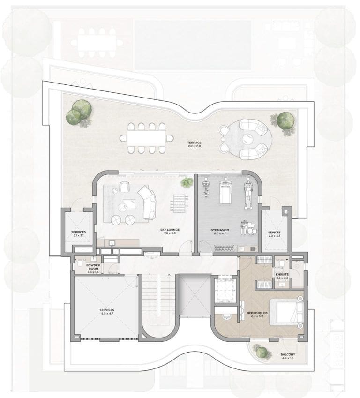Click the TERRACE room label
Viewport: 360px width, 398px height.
[194, 143]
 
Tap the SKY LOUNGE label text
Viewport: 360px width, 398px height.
[170, 230]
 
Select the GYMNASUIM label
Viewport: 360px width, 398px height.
[220, 230]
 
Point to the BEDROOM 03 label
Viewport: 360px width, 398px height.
[257, 313]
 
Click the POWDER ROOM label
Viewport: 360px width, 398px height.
[93, 267]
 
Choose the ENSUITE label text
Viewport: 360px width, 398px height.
[282, 274]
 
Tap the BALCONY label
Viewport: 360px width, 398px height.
[288, 354]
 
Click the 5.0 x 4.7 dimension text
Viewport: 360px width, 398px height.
[107, 314]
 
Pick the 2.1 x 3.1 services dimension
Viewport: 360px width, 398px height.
[78, 235]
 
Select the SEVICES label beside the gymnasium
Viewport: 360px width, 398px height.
[274, 232]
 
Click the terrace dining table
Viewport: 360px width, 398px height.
[147, 138]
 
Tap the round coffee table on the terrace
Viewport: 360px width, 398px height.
[246, 139]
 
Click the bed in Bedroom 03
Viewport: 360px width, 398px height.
[286, 312]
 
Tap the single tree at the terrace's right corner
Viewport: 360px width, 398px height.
[285, 120]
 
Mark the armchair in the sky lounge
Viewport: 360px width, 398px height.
[124, 187]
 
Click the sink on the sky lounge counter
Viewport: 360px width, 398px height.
[112, 243]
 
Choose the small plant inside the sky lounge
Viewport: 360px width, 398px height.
[187, 182]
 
